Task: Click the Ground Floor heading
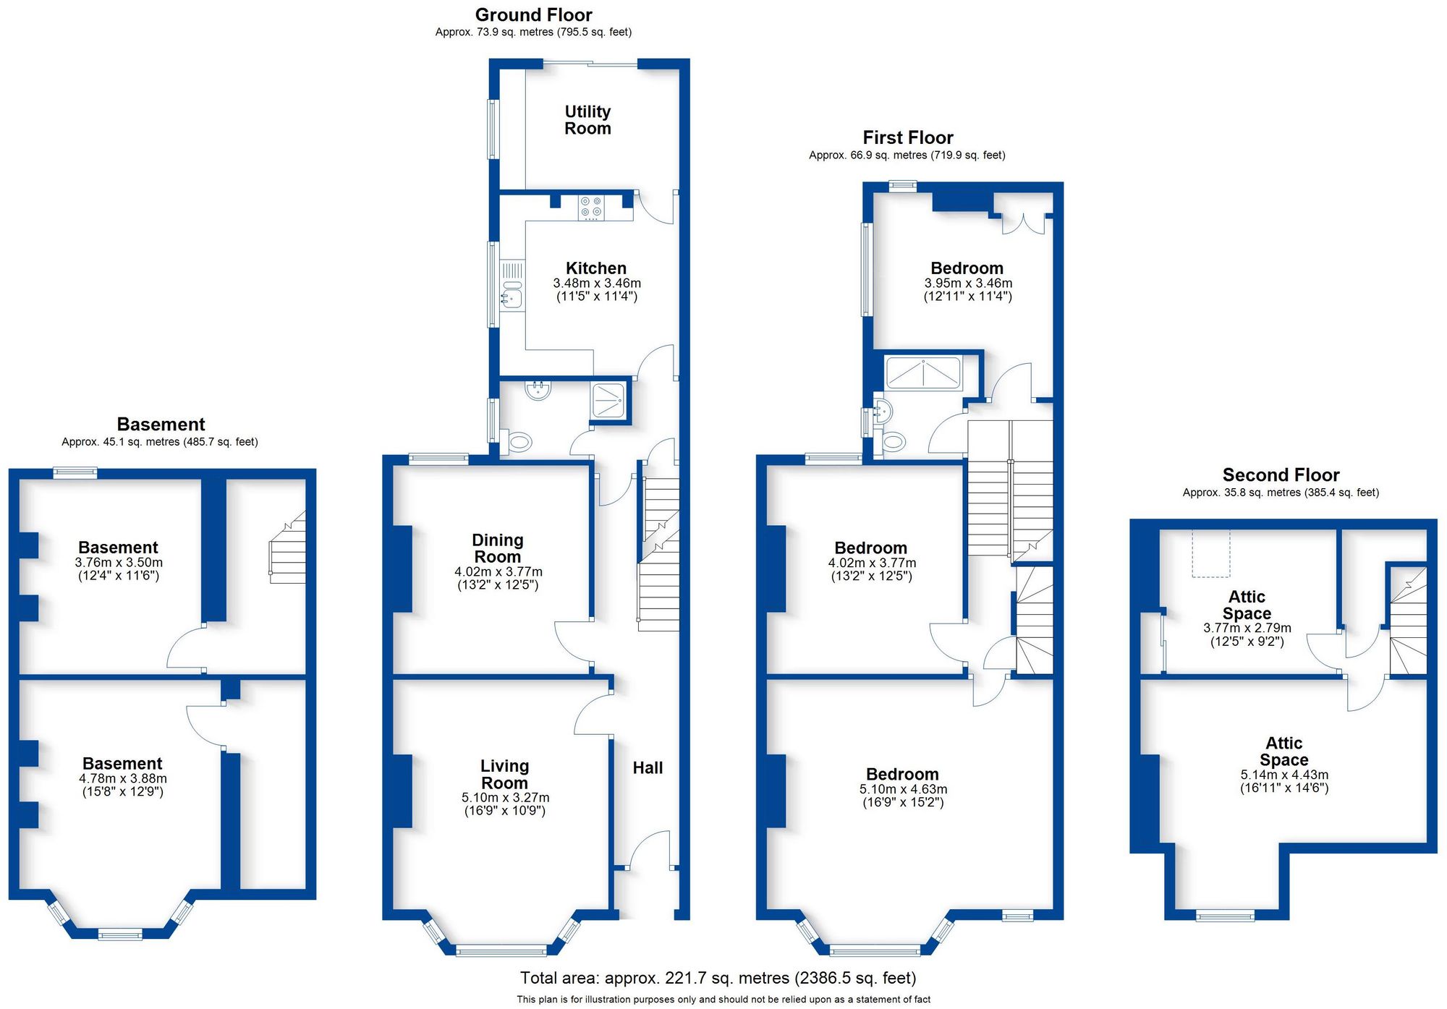(x=533, y=14)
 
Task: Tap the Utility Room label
(x=587, y=120)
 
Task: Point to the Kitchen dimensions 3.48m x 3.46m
(x=597, y=284)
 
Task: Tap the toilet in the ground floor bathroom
(x=519, y=441)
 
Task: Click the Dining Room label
(x=497, y=548)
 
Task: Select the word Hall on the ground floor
(x=648, y=768)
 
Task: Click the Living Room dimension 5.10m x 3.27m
(x=505, y=798)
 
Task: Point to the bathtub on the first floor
(x=923, y=373)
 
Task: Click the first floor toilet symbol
(x=894, y=441)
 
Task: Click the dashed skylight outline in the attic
(x=1210, y=553)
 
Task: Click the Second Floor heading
(x=1281, y=475)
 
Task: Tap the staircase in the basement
(x=288, y=550)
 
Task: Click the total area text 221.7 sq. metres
(x=718, y=979)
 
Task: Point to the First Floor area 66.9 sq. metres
(x=907, y=156)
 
